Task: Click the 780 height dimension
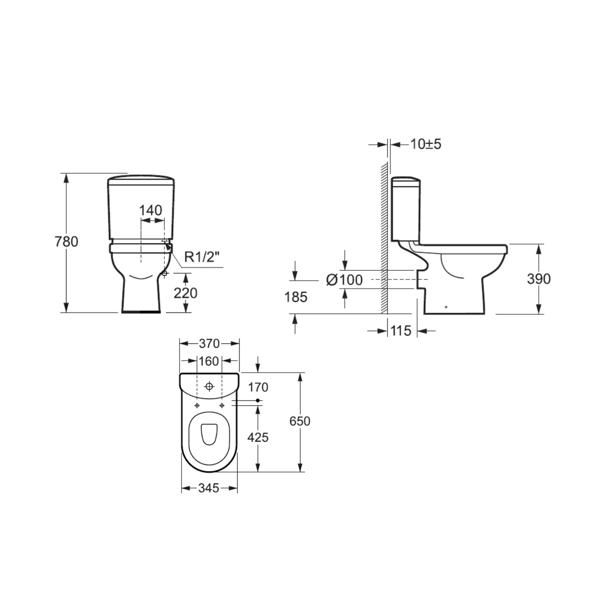[67, 242]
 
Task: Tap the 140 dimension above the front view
[151, 210]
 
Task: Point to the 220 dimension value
[185, 293]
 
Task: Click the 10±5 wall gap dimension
[426, 144]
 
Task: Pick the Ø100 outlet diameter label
[344, 280]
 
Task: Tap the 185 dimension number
[296, 297]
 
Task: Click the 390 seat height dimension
[539, 279]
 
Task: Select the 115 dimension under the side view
[401, 331]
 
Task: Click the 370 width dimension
[209, 343]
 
